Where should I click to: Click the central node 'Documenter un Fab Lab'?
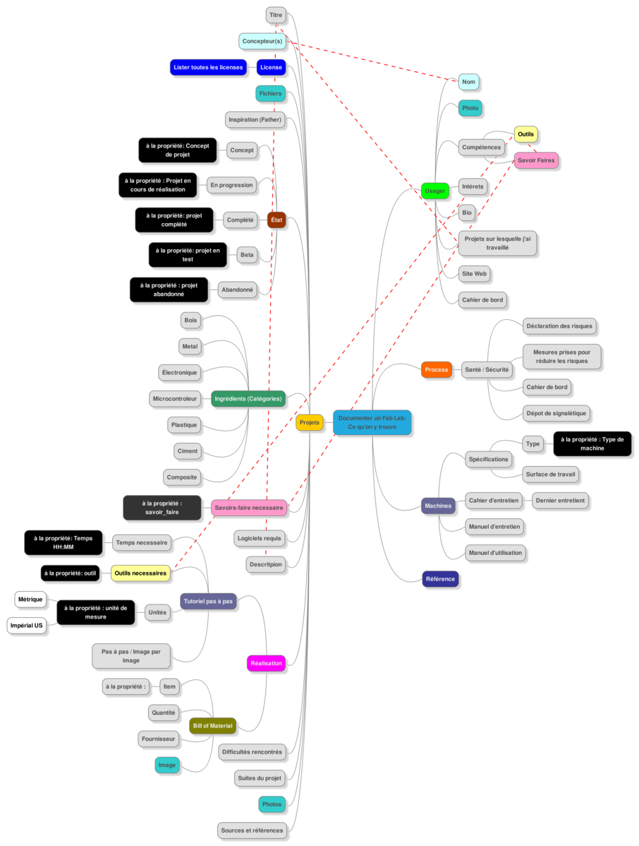point(372,422)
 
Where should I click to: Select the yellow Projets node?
point(309,422)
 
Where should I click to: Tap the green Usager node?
point(434,191)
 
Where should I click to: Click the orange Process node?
point(436,369)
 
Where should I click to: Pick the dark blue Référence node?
point(440,579)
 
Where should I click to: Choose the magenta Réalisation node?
point(266,663)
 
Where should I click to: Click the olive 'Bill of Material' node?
point(212,725)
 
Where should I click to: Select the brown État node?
point(276,220)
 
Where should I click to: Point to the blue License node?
point(271,68)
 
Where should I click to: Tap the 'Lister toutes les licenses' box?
point(209,68)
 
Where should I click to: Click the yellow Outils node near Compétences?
point(525,134)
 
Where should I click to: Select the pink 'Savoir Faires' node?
point(536,160)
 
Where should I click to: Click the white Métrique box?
point(30,600)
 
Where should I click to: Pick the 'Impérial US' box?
point(27,625)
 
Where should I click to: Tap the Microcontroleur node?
point(174,399)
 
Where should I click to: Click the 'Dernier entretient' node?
point(560,501)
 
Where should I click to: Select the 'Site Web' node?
point(473,273)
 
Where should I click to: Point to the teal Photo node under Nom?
point(470,109)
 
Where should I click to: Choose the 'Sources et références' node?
point(251,830)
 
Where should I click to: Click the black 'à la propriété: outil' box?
point(70,573)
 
